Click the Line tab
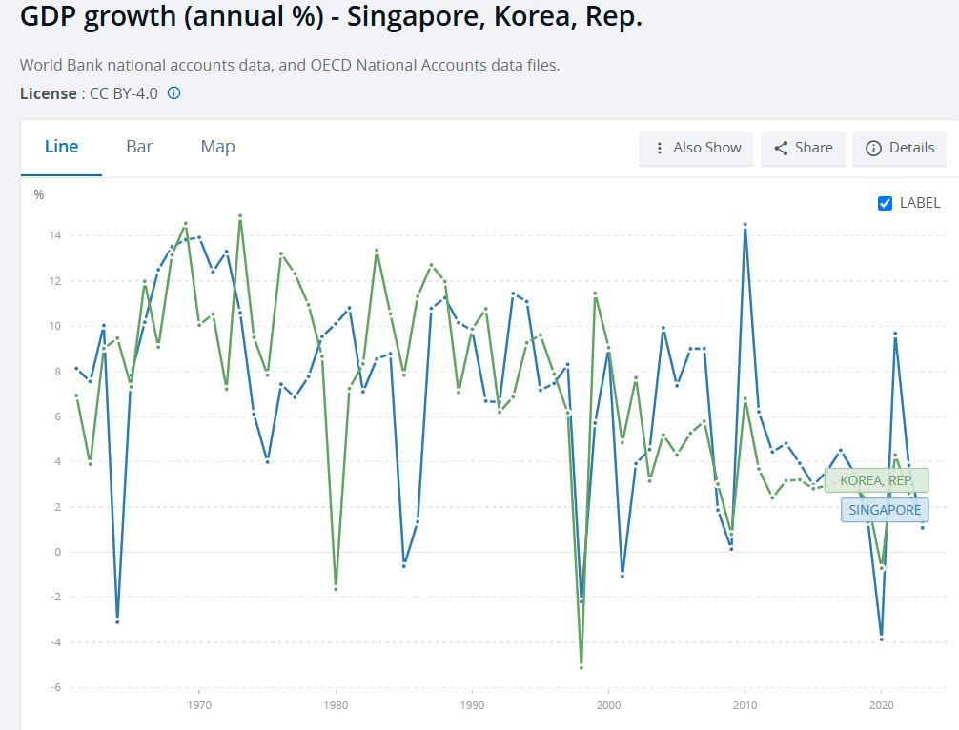pos(61,147)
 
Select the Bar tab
pos(139,147)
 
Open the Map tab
pos(217,147)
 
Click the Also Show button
pos(696,148)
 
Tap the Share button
pos(803,148)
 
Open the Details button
pos(899,148)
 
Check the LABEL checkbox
pos(885,203)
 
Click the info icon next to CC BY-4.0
pos(174,93)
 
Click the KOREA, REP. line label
pos(876,481)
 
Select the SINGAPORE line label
pos(885,510)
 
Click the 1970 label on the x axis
pos(199,706)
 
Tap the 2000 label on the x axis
pos(607,706)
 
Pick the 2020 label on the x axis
pos(880,706)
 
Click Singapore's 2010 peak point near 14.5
pos(745,225)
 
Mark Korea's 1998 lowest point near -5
pos(582,667)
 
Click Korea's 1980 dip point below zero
pos(336,589)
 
